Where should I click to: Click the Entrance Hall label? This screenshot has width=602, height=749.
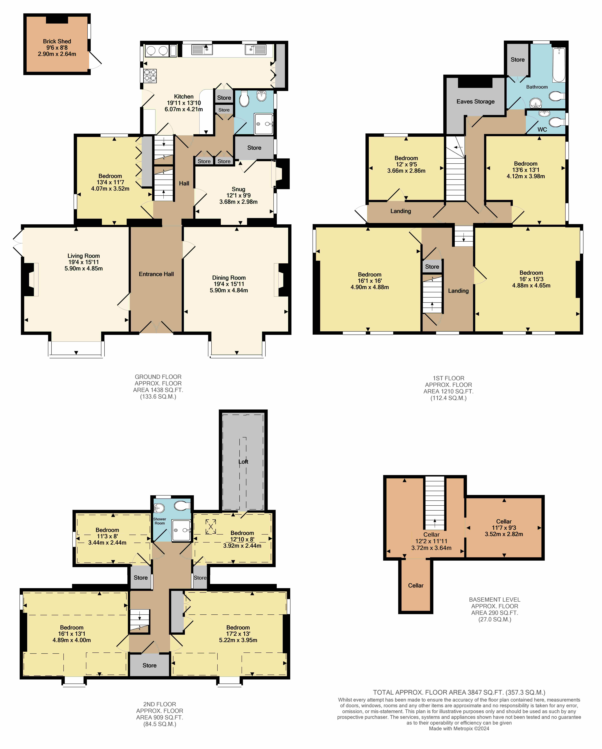click(x=156, y=274)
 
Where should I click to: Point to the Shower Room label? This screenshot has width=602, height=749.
click(x=160, y=521)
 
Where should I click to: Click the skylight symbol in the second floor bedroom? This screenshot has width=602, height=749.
click(x=211, y=527)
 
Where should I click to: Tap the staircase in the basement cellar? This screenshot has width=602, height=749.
click(x=435, y=503)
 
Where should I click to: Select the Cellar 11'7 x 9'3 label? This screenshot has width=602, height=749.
click(x=504, y=528)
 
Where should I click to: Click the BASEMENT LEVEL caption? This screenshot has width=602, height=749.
click(x=495, y=600)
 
